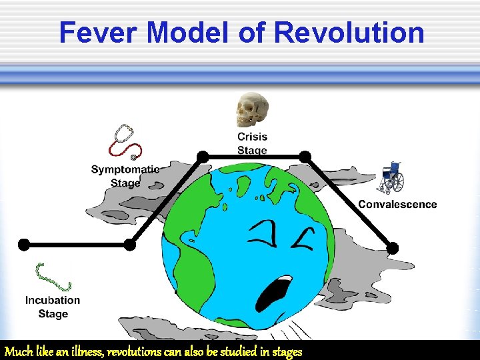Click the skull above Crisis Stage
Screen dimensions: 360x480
(x=252, y=110)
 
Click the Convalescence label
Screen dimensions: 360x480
(x=397, y=205)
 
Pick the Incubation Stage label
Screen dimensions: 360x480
(x=53, y=307)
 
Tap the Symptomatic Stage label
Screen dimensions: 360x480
(x=125, y=176)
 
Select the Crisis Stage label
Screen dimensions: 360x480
(x=252, y=143)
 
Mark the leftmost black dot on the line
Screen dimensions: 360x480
(x=23, y=244)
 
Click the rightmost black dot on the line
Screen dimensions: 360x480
(x=393, y=248)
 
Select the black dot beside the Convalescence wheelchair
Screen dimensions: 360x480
(x=305, y=156)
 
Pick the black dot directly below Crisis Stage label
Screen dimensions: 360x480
(x=203, y=156)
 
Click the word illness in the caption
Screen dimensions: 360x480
(x=86, y=351)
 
